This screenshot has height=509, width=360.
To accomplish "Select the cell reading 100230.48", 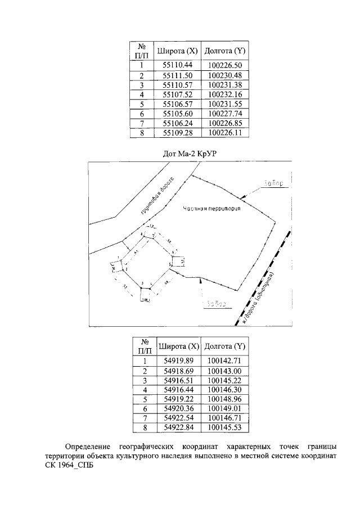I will (224, 75).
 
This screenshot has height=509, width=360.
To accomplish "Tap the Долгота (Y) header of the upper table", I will (224, 50).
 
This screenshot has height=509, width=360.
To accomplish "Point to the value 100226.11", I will (224, 134).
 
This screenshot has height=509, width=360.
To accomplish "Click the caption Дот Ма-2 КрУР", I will (180, 153).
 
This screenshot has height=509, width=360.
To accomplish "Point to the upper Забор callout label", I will (272, 184).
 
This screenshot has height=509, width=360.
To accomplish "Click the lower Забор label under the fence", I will (215, 304).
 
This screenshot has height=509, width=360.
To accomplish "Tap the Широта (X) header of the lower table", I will (178, 346).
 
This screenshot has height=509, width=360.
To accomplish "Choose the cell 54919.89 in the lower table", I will (178, 361).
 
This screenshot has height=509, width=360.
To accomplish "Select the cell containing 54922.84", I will (178, 428).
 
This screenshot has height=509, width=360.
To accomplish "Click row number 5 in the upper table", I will (142, 105).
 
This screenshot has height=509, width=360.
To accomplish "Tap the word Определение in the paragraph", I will (87, 447).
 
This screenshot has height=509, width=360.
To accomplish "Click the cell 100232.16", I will (224, 94).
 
